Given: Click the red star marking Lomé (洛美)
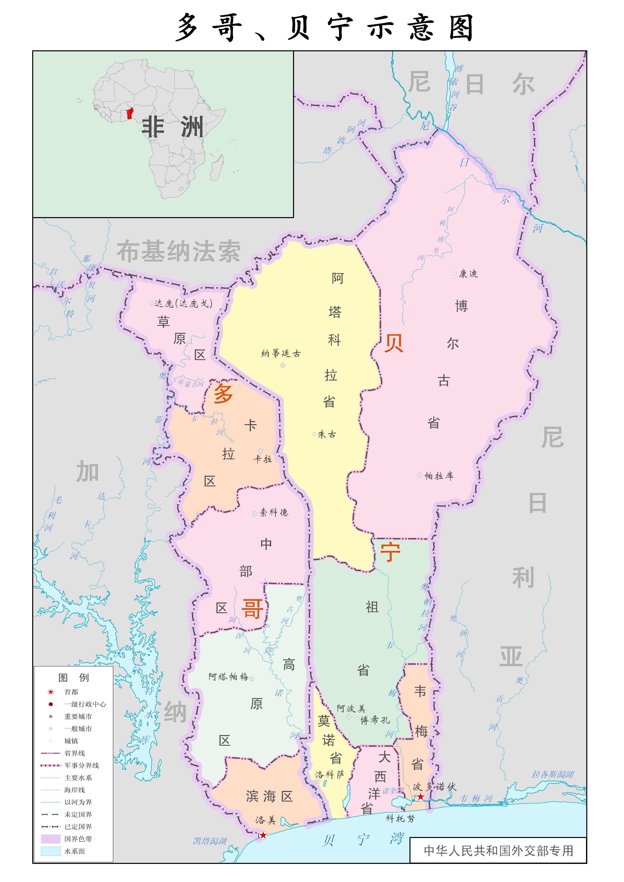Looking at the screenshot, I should pos(263,835).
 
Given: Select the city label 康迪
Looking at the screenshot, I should pos(468,274).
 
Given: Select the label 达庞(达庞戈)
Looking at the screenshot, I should pos(183,304).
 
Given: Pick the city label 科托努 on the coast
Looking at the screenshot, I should pos(400,819).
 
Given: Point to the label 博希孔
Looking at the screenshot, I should pos(375,719).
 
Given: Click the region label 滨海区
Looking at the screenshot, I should pos(269,796).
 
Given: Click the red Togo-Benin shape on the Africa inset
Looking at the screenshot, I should pos(130,113).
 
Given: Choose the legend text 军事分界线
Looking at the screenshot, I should pos(81,766).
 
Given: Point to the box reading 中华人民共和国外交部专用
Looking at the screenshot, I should pos(498,851).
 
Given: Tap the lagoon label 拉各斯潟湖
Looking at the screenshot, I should pos(553,774).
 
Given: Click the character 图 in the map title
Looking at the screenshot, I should pos(461,28).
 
